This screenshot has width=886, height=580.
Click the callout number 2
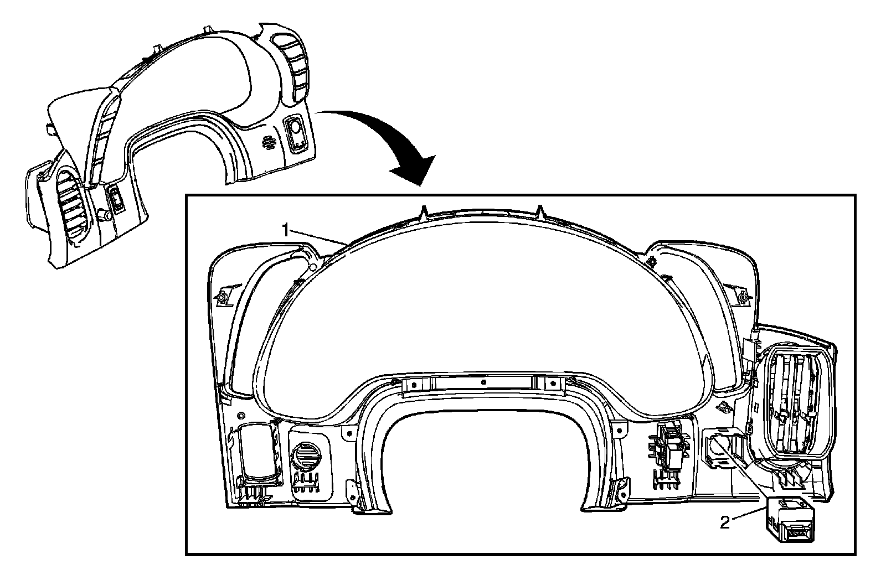coord(725,522)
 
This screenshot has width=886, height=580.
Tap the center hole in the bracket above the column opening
coord(483,382)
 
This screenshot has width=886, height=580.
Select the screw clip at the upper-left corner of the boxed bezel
coord(222,297)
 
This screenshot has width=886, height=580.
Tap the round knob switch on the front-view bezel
coord(295,131)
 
